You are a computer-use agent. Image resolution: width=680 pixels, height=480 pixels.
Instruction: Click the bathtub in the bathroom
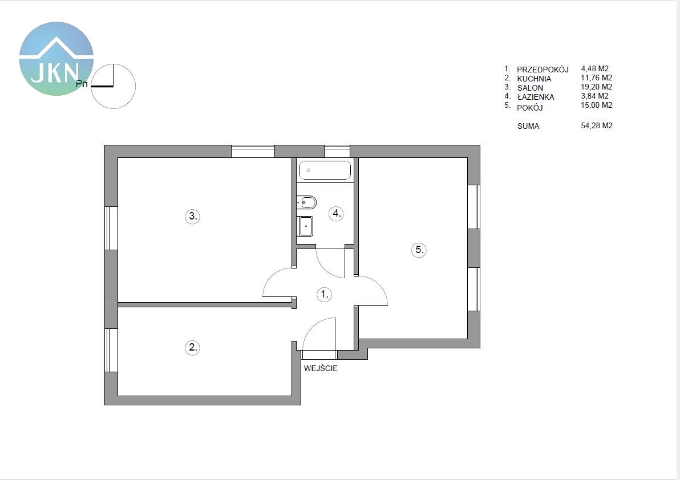325,170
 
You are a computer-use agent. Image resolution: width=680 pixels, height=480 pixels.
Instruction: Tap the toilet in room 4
306,202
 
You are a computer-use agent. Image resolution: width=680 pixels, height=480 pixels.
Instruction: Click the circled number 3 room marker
193,216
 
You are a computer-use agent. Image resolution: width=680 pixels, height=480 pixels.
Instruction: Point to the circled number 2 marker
193,347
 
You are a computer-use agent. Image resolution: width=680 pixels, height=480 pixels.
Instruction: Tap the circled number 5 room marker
419,250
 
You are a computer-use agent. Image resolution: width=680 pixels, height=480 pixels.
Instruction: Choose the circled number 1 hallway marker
325,295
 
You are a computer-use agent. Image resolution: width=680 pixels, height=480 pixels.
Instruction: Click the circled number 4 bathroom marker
336,213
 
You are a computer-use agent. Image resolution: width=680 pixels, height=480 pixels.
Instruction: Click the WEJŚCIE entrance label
321,369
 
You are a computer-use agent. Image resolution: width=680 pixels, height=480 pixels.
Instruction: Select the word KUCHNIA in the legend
534,79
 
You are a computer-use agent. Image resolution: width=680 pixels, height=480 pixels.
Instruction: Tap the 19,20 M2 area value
597,87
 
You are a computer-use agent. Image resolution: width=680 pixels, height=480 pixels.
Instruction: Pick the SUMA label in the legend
528,126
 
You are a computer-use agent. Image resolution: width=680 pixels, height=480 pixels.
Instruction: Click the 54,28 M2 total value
597,125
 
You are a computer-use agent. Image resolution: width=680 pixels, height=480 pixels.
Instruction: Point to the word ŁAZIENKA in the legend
536,96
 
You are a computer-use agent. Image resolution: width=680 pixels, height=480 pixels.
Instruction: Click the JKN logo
56,59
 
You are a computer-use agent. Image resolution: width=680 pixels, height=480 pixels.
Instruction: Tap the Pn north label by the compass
82,84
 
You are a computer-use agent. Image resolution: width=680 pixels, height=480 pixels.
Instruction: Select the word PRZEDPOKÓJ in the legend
543,70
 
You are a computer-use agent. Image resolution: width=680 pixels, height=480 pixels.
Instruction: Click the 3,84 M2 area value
595,96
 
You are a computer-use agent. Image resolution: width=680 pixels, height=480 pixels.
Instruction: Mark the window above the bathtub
337,151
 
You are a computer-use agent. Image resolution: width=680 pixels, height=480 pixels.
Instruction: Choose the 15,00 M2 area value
597,105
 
